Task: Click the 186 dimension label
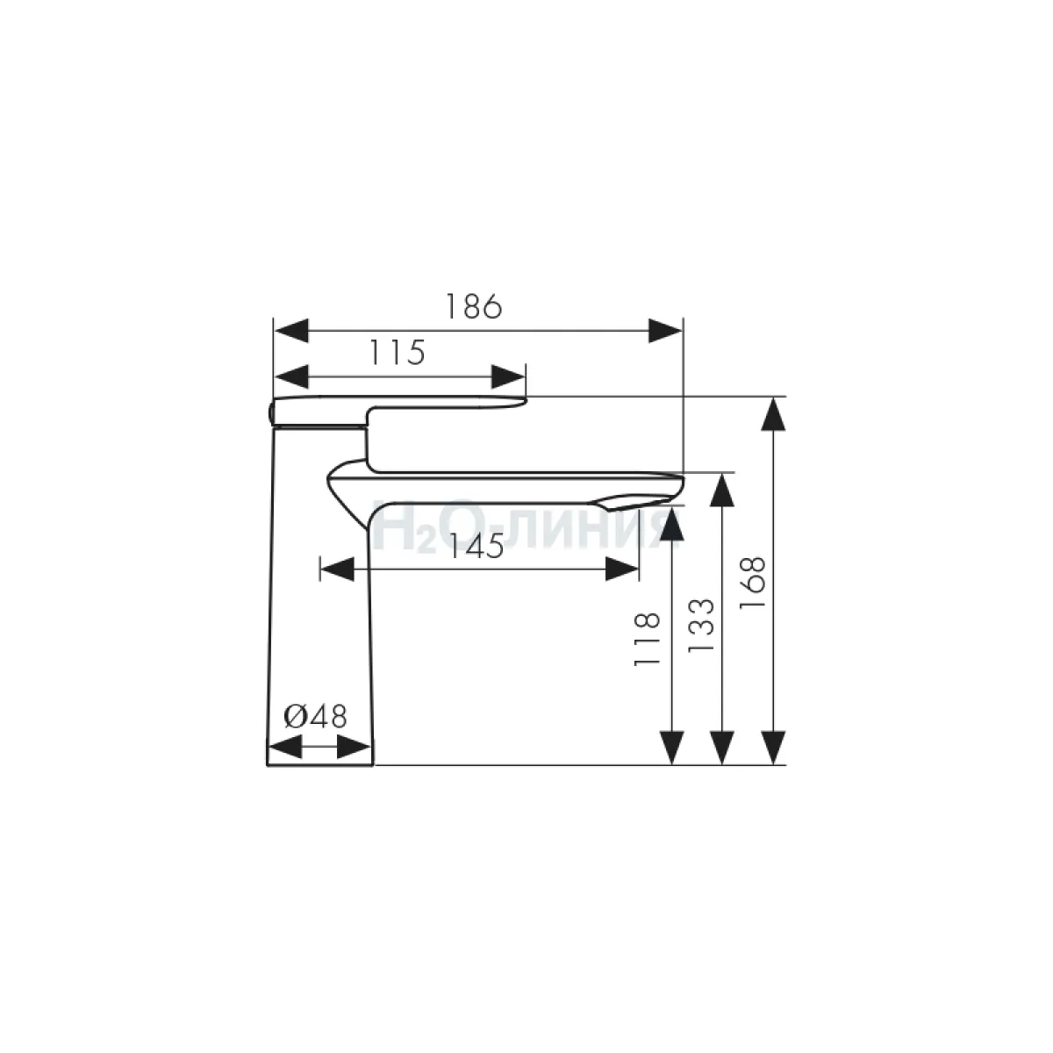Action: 474,306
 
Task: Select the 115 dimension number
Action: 398,353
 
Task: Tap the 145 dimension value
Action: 476,546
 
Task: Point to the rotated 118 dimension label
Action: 647,638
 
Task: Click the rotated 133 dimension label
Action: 701,625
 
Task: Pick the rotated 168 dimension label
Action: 752,583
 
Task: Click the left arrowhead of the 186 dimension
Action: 290,331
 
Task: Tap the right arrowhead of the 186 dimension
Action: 665,331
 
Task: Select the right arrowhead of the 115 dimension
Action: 508,377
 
